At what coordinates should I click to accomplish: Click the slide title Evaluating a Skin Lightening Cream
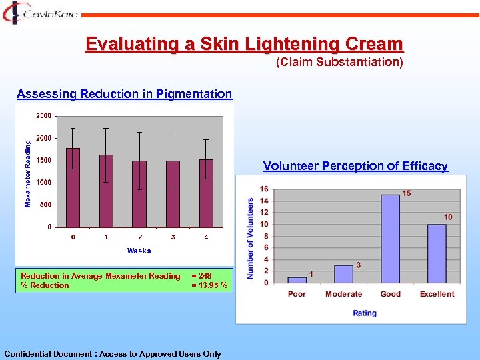[x=244, y=45]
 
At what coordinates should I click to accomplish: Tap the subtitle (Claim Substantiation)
[x=339, y=63]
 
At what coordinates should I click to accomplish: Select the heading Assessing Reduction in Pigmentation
[x=125, y=94]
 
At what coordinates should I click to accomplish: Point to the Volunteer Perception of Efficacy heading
[x=355, y=166]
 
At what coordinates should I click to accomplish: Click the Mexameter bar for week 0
[x=73, y=187]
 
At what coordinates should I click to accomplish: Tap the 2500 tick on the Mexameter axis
[x=43, y=116]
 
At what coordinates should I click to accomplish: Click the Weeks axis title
[x=139, y=251]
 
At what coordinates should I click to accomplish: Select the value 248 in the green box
[x=204, y=276]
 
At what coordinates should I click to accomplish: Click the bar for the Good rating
[x=390, y=238]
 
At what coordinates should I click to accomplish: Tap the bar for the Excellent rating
[x=437, y=253]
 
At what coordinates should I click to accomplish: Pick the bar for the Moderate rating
[x=343, y=273]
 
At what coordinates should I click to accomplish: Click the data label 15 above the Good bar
[x=406, y=193]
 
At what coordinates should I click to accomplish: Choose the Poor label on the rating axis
[x=297, y=294]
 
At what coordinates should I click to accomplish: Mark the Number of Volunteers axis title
[x=251, y=238]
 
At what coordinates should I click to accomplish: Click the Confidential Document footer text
[x=113, y=354]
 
